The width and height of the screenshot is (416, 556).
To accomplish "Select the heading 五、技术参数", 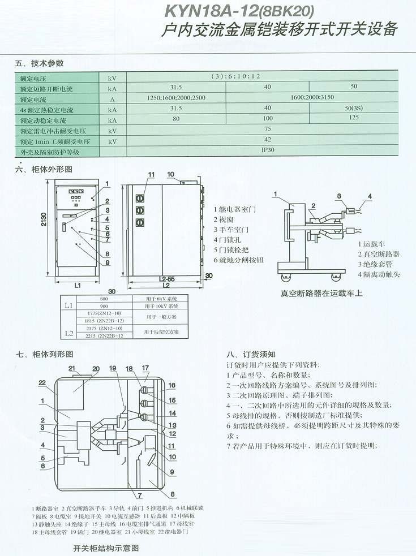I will [39, 63].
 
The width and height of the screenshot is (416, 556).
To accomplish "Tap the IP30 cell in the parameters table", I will [268, 150].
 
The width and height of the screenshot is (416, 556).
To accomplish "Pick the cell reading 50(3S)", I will [354, 108].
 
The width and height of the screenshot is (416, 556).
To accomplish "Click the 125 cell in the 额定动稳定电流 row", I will [354, 118].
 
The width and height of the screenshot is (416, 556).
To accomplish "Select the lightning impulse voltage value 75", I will [268, 130].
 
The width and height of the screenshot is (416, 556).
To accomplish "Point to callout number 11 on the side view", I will [151, 174].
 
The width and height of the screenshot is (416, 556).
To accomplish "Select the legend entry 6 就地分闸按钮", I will [238, 260].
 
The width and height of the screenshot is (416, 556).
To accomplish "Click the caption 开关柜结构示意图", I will [105, 548].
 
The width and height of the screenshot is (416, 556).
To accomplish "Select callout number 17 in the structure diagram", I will [145, 368].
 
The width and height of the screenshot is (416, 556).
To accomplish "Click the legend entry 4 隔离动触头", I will [379, 274].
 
